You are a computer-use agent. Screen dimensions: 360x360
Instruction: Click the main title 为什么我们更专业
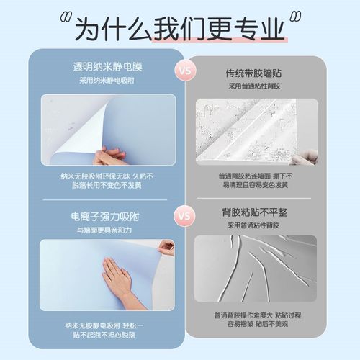click(180, 30)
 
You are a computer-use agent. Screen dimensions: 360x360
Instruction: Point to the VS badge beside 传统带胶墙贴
click(184, 72)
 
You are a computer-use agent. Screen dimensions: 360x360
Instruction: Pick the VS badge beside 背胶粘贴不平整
click(184, 215)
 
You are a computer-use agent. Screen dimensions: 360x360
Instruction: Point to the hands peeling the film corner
click(108, 155)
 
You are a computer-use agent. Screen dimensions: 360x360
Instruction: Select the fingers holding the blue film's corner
click(166, 248)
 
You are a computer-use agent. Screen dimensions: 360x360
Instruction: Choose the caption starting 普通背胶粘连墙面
click(256, 180)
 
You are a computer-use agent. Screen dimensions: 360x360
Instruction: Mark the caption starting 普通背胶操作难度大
click(256, 320)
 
